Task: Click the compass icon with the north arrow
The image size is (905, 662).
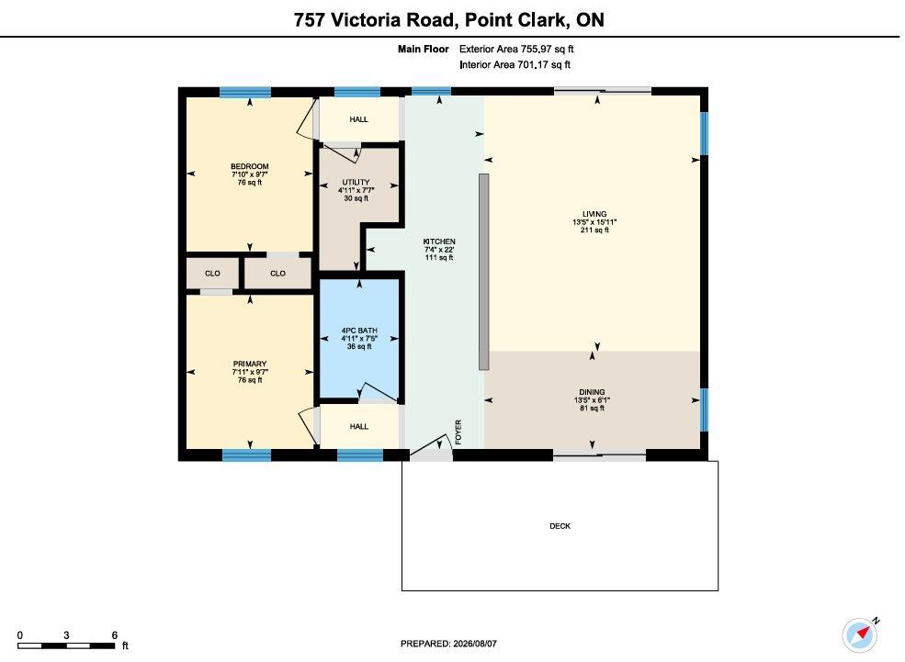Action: point(860,634)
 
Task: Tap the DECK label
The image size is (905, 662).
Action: point(560,526)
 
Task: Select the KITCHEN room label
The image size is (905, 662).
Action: point(439,241)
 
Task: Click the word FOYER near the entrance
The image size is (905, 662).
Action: point(458,432)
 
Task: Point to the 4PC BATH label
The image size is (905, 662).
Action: point(359,331)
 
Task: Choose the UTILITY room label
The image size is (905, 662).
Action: point(356,182)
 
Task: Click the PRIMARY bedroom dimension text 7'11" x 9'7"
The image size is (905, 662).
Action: point(250,372)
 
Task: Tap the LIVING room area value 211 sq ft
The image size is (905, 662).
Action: point(594,230)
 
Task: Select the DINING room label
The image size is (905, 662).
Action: point(593,392)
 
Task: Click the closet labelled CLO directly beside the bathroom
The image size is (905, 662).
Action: point(277,274)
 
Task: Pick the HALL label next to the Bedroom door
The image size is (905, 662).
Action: point(358,119)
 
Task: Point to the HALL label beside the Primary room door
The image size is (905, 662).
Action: point(358,427)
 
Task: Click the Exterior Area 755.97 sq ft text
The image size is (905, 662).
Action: point(516,49)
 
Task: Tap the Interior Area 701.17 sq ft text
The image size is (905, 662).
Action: point(515,64)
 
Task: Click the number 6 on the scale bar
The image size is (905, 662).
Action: point(114,634)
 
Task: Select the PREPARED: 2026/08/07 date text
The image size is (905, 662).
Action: point(448,644)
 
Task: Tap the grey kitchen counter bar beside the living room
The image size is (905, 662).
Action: point(483,272)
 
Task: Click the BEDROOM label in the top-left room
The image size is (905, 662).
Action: point(250,167)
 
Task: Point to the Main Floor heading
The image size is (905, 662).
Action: point(423,49)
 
